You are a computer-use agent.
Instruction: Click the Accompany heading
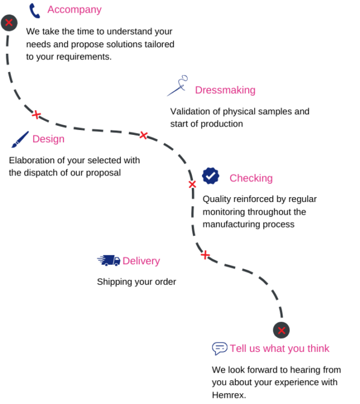click(x=74, y=10)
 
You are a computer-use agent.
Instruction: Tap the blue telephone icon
click(x=34, y=11)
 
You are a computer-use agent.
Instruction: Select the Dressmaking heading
click(x=225, y=90)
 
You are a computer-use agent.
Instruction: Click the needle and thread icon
click(x=177, y=85)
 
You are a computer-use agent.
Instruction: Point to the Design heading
click(x=48, y=139)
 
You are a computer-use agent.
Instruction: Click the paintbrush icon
click(x=20, y=139)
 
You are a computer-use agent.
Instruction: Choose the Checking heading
click(x=251, y=178)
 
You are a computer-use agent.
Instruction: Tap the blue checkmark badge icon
click(x=211, y=176)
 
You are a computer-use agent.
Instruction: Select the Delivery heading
click(x=141, y=261)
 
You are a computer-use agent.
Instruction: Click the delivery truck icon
click(x=109, y=261)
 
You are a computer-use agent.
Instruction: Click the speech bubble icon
click(x=220, y=348)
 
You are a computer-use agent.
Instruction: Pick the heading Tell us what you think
click(x=280, y=348)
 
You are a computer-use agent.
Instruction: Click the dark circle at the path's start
click(x=9, y=22)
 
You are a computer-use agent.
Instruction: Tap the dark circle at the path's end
click(x=281, y=330)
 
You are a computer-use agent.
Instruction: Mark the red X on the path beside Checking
click(x=192, y=184)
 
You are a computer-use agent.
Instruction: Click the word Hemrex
click(x=229, y=395)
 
